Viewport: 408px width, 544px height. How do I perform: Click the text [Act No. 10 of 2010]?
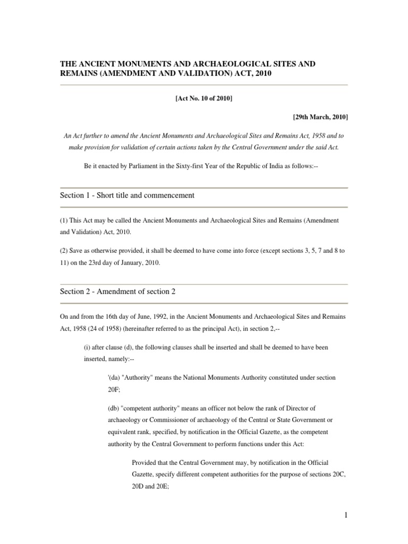204,99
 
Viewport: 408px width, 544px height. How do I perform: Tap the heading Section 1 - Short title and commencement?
127,195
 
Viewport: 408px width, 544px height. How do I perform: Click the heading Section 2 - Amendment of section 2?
118,292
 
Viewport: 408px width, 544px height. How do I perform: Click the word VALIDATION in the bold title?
197,74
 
